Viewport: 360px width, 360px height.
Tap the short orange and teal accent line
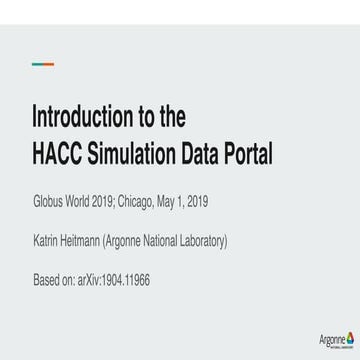(43, 63)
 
